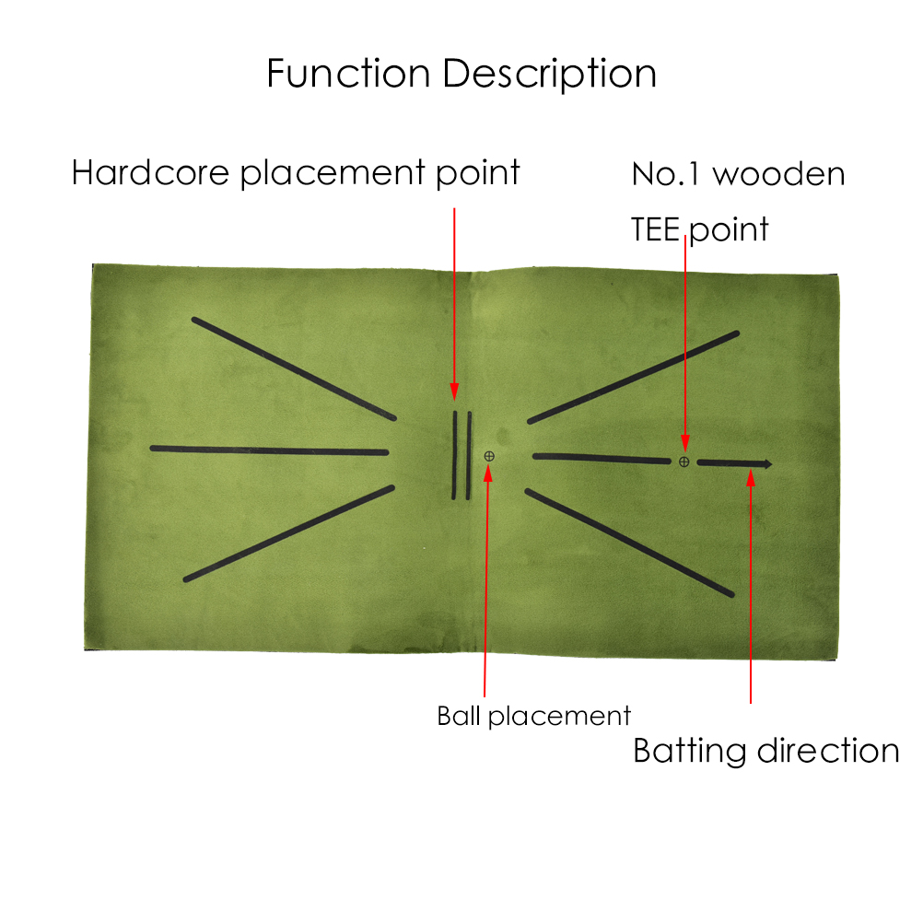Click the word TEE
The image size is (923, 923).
pyautogui.click(x=657, y=228)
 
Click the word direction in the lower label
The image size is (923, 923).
pyautogui.click(x=828, y=751)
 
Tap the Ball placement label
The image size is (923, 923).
pyautogui.click(x=534, y=716)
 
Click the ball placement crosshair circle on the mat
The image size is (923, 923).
pyautogui.click(x=489, y=456)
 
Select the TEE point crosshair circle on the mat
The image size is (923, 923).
pyautogui.click(x=683, y=461)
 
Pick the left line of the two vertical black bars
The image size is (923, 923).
pyautogui.click(x=454, y=455)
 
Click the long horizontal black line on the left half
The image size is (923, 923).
pyautogui.click(x=269, y=450)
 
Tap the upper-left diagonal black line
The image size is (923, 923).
pyautogui.click(x=294, y=369)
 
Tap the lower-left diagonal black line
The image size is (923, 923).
pyautogui.click(x=289, y=533)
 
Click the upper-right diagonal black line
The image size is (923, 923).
pyautogui.click(x=634, y=377)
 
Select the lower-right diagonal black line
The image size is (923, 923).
pyautogui.click(x=630, y=543)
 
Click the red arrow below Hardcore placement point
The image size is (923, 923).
pyautogui.click(x=454, y=304)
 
